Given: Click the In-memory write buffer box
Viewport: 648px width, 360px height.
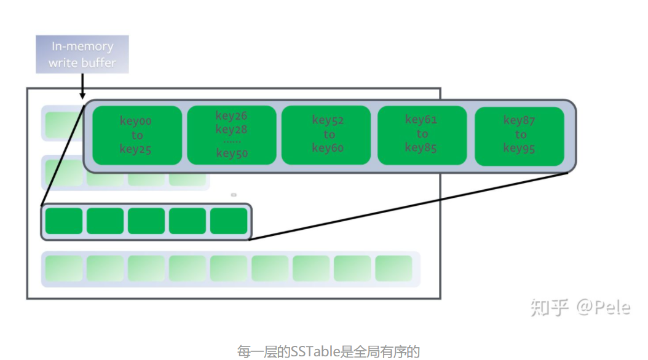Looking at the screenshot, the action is (82, 54).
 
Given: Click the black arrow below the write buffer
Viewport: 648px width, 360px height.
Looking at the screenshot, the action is (82, 86).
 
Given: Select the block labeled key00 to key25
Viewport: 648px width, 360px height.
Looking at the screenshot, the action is (137, 135).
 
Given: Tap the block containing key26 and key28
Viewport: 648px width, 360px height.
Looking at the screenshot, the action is (232, 135).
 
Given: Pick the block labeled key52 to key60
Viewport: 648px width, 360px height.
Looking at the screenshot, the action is (326, 135).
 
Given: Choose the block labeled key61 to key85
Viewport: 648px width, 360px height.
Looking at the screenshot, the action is (422, 135).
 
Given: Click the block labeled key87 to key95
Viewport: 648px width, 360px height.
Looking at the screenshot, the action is (520, 136).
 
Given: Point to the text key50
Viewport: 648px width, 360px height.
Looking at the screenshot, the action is (232, 153).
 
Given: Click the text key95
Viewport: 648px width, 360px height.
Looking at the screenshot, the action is (519, 148).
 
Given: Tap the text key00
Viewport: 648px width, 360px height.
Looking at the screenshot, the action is (135, 121).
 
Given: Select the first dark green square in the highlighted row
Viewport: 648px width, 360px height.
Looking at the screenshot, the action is (64, 221).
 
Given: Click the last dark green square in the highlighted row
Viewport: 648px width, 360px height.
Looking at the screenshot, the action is (229, 221).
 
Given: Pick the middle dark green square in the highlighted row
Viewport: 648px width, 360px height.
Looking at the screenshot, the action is (146, 221).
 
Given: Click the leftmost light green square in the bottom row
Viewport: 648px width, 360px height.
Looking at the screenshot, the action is (64, 268).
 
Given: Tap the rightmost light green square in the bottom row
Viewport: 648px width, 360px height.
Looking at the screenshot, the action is (393, 268).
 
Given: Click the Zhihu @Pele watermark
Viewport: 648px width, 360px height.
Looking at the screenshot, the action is (580, 308).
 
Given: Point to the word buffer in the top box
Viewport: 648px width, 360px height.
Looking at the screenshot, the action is (99, 63).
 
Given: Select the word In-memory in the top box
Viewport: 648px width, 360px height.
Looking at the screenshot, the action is (82, 46).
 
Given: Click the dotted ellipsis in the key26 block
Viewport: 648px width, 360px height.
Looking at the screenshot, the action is (232, 142).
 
